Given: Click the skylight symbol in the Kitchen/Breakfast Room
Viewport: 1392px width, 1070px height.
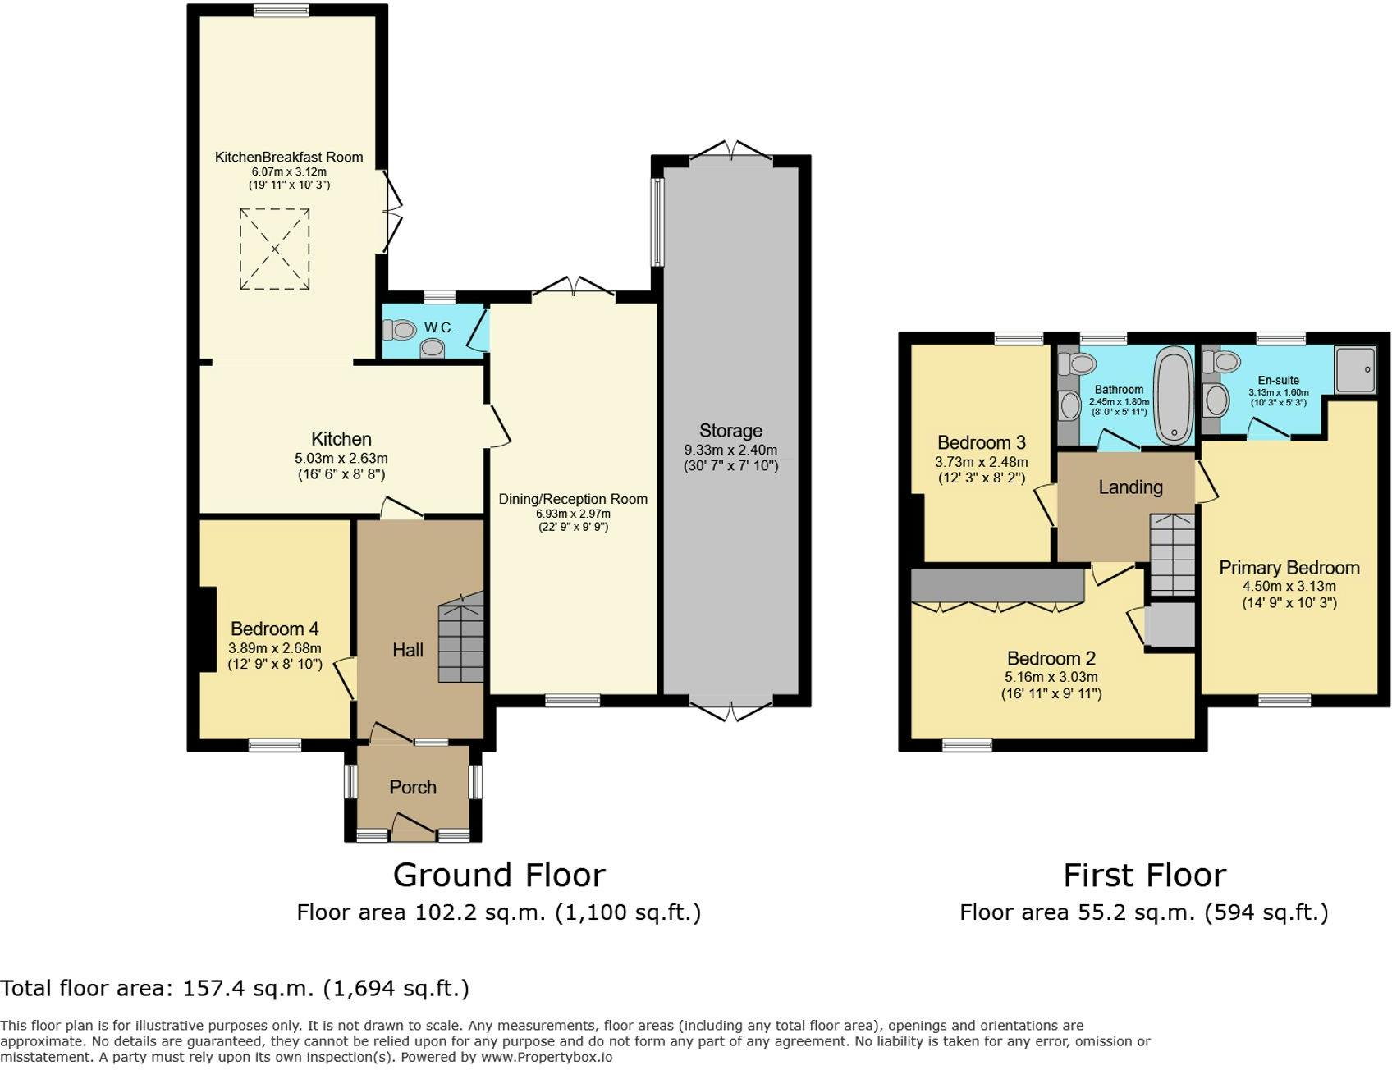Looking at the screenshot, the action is [x=275, y=249].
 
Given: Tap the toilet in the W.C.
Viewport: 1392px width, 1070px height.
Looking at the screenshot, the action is [x=401, y=330].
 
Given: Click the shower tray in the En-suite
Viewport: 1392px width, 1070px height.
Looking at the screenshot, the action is [x=1356, y=369].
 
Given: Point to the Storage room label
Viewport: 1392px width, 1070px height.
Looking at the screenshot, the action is [x=730, y=431].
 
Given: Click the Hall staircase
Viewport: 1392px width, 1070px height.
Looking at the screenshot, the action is [x=461, y=638].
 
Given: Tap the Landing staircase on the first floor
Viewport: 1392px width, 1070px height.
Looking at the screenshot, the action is [x=1172, y=555].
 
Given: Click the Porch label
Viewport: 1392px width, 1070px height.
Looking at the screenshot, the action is [x=413, y=788].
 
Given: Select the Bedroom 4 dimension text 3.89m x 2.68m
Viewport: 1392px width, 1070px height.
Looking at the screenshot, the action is [x=275, y=648].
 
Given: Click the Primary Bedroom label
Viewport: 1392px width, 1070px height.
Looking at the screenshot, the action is [x=1289, y=568].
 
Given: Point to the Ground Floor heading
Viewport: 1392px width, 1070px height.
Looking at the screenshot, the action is [x=499, y=876].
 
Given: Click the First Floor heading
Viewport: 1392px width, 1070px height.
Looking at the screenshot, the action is [x=1145, y=876].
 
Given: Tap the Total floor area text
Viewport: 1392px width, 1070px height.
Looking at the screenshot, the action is [x=235, y=988].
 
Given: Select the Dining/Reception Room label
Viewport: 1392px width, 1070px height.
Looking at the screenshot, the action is [x=573, y=499].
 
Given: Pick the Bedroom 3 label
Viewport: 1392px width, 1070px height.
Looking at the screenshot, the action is [x=982, y=443].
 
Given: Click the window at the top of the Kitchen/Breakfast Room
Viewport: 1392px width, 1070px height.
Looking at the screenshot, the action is [x=282, y=11].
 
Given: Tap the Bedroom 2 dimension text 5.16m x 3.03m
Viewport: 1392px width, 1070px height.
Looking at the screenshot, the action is [x=1051, y=678].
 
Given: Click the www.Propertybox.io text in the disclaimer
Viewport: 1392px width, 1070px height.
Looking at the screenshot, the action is [x=547, y=1057].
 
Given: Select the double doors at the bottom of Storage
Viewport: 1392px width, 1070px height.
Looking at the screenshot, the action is [x=730, y=711].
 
